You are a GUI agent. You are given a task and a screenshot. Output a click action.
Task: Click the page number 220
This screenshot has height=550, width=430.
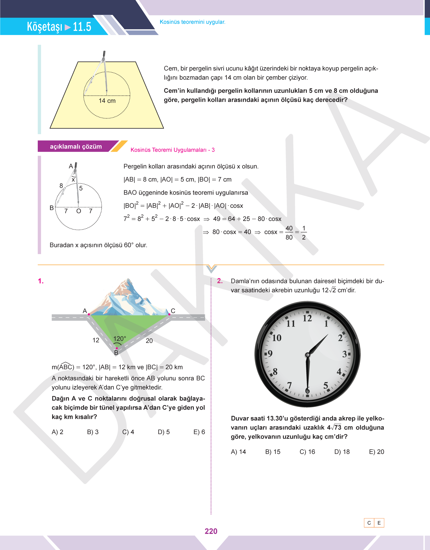click(211, 531)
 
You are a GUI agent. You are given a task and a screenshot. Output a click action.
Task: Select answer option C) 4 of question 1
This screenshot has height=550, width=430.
click(128, 432)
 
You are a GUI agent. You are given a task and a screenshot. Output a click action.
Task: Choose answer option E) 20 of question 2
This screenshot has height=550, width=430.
click(376, 452)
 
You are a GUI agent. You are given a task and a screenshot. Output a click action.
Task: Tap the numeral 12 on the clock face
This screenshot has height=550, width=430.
click(307, 318)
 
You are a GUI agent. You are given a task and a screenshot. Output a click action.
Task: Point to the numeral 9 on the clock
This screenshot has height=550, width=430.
click(270, 354)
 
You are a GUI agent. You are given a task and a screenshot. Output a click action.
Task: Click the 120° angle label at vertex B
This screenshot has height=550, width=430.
click(120, 339)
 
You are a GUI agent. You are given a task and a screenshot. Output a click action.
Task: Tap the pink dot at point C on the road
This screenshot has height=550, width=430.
click(170, 314)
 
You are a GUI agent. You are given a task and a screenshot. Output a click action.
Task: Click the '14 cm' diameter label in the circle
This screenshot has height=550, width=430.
click(107, 101)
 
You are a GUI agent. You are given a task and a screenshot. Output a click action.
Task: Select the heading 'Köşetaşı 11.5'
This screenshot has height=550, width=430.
click(59, 26)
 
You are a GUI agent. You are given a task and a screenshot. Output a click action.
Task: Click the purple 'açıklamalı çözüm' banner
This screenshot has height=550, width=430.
click(76, 147)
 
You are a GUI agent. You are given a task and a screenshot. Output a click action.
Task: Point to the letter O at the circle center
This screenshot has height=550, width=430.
click(79, 211)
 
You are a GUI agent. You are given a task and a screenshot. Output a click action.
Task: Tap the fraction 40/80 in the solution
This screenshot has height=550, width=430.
click(289, 232)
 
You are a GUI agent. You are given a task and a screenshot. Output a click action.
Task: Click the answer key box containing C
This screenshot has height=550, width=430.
click(369, 523)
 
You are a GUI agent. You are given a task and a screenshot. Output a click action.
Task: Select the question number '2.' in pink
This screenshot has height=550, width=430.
click(220, 281)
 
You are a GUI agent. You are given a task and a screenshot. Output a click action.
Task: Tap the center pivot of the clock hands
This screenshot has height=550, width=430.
click(307, 355)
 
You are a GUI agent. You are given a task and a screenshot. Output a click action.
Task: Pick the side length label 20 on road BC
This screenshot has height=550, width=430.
click(149, 341)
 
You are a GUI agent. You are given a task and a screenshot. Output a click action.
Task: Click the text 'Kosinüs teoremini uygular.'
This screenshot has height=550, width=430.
click(192, 22)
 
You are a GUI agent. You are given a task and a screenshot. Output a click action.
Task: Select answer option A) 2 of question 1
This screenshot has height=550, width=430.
click(58, 432)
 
